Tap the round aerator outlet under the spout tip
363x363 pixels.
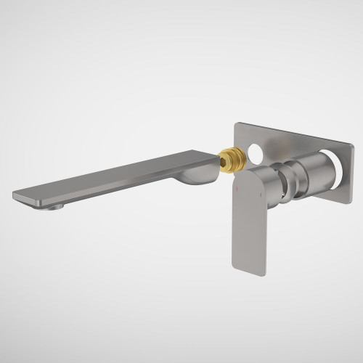click(54, 207)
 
